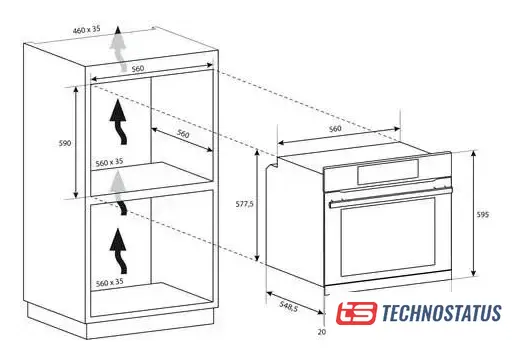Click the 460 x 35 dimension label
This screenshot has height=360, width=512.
[x=87, y=29]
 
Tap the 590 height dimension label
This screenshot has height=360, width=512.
[x=65, y=143]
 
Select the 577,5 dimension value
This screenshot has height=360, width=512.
[x=245, y=204]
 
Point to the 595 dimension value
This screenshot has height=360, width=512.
[x=483, y=215]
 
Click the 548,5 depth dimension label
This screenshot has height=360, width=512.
[x=289, y=306]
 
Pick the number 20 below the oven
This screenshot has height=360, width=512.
[x=322, y=332]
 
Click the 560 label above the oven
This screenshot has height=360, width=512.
[x=335, y=129]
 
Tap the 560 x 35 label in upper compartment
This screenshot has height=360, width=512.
[x=109, y=162]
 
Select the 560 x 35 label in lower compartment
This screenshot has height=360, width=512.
[x=110, y=283]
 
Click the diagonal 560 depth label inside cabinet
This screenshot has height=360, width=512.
[x=183, y=134]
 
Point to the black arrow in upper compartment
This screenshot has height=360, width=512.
[x=119, y=122]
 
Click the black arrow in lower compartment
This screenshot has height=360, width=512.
[x=119, y=251]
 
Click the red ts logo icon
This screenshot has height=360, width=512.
[x=356, y=313]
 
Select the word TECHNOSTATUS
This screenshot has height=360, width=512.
[x=441, y=313]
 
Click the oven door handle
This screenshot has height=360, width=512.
[x=391, y=196]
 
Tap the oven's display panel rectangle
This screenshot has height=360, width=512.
[x=388, y=172]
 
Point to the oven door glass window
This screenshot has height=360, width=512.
[x=388, y=237]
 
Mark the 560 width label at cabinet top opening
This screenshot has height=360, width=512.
[x=138, y=69]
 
